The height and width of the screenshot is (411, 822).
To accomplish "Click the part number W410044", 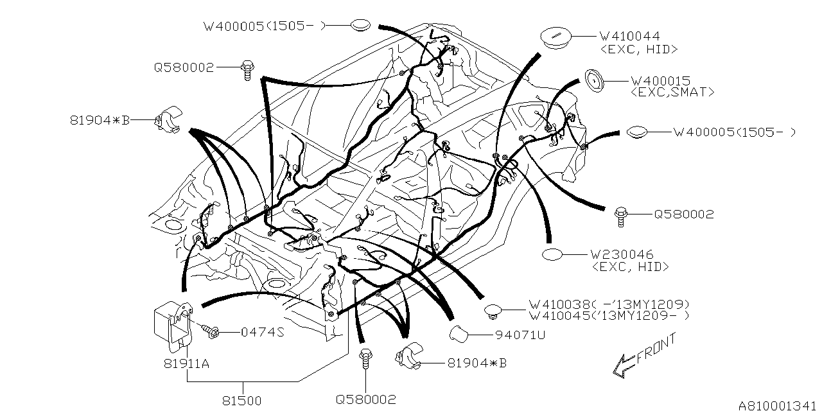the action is [630, 36].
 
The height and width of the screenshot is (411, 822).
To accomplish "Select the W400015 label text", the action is [661, 81].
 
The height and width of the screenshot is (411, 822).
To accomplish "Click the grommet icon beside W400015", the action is [595, 81].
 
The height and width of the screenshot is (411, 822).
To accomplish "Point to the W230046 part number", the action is [622, 254].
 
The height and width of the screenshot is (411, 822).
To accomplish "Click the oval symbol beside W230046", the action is [552, 255].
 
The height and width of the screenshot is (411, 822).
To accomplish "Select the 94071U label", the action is [520, 335].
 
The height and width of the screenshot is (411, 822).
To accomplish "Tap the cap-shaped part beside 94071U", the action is [459, 334].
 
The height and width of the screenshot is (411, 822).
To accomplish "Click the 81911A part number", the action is [186, 363].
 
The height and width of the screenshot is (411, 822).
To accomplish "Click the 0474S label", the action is [263, 332].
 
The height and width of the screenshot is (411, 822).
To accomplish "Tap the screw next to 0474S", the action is [211, 331].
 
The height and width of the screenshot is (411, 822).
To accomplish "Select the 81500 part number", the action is [242, 401].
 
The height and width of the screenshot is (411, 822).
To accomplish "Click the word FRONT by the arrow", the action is [656, 349].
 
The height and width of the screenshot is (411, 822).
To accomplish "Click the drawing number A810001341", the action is [780, 405].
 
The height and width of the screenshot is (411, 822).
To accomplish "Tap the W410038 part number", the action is [559, 304].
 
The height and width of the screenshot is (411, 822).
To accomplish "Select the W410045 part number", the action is [559, 315].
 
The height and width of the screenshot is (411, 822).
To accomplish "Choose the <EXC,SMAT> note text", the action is [672, 92].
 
